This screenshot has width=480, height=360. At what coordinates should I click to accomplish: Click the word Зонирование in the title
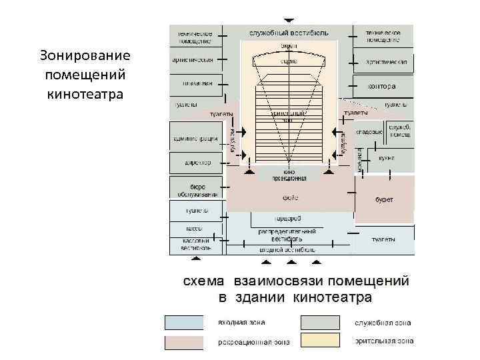85,54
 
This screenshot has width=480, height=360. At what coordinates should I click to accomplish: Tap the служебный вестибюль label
289,33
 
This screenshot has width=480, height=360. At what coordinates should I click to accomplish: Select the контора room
382,86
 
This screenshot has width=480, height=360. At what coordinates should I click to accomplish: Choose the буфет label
385,199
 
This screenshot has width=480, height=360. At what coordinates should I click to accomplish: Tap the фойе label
290,197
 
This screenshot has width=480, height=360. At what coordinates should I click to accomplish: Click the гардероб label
288,219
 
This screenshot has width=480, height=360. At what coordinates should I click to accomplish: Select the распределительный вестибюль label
287,235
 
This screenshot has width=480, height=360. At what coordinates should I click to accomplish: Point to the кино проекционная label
289,175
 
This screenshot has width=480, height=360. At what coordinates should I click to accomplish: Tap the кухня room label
387,158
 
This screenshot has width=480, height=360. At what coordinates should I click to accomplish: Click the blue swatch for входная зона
184,323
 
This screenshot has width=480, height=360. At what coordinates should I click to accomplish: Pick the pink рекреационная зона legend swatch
184,342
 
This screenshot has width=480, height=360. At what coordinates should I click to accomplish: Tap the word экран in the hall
289,47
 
